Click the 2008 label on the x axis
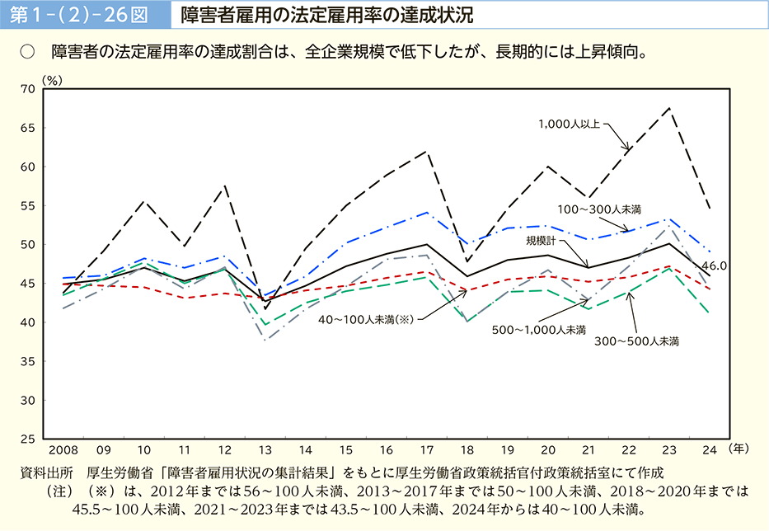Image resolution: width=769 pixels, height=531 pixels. pos(63,451)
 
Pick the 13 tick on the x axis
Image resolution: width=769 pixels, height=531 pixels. pos(265,451)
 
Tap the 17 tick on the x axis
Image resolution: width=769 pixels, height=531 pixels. pos(427,451)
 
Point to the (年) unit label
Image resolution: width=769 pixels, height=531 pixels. pos(739,449)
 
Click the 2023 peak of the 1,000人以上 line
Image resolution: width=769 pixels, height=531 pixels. pos(669,108)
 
